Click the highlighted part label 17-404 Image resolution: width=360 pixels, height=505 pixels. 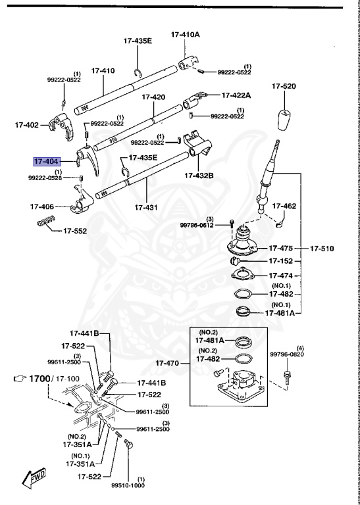[x=47, y=161]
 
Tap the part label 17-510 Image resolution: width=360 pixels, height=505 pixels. [x=323, y=249]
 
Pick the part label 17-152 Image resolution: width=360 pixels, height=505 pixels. [x=281, y=261]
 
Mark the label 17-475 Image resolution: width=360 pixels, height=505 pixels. [x=281, y=249]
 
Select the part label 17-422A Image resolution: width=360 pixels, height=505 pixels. [x=236, y=95]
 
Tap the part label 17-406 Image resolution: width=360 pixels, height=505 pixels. [x=41, y=206]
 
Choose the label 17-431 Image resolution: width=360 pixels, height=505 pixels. [x=147, y=207]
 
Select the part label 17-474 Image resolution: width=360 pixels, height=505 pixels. [x=281, y=275]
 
